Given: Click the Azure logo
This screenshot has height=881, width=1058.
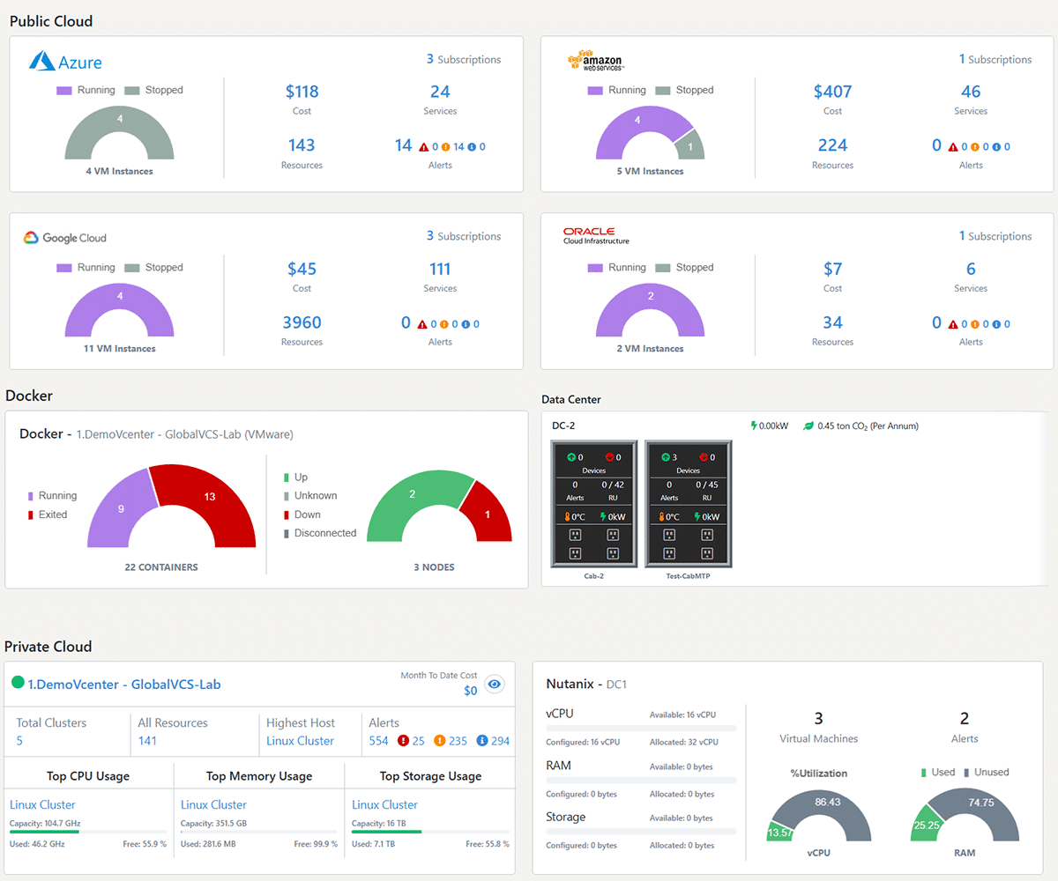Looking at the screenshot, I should pos(65,62).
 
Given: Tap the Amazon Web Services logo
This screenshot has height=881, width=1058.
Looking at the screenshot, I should pos(596,61).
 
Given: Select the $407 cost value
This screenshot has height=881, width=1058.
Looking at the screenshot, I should pos(832,92).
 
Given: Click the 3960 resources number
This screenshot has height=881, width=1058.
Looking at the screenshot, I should pos(302,322).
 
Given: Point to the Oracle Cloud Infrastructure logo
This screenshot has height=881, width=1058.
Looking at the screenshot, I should pos(596,235).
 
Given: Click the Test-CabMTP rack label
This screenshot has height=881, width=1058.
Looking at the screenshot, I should pos(688,575).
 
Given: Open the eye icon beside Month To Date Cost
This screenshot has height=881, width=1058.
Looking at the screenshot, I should pos(495,685).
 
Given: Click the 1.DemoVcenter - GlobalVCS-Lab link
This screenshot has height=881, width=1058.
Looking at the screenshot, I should pos(123,685).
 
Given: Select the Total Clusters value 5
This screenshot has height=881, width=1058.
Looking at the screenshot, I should pos(19,741).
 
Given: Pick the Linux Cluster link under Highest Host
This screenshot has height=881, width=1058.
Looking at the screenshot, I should pos(300,741).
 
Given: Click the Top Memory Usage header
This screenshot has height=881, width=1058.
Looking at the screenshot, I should pos(259,776).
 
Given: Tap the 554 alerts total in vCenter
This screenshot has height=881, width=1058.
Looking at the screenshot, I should pos(378,741).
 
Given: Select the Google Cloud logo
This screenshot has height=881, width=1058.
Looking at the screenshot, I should pos(65,238).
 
